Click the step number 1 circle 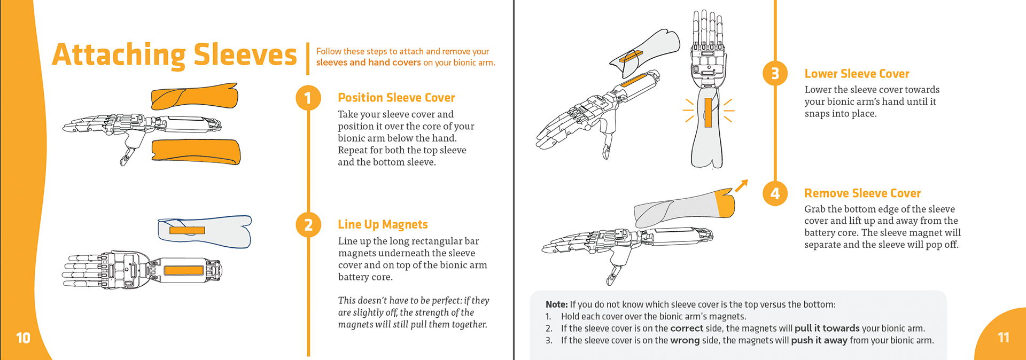tap(308, 98)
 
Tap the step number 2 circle tap(308, 225)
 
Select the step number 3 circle tap(775, 73)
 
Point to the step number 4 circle tap(775, 193)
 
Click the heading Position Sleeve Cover tap(396, 98)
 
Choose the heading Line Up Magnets tap(383, 224)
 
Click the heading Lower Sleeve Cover tap(857, 74)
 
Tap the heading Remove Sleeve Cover tap(862, 193)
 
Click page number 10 tap(23, 338)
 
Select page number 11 tap(1003, 338)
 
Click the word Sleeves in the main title tap(245, 55)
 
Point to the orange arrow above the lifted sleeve tap(741, 185)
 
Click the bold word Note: tap(556, 304)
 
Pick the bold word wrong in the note tap(685, 341)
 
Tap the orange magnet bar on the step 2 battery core tap(183, 270)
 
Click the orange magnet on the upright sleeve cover tap(708, 112)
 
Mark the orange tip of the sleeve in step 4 tap(725, 203)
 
